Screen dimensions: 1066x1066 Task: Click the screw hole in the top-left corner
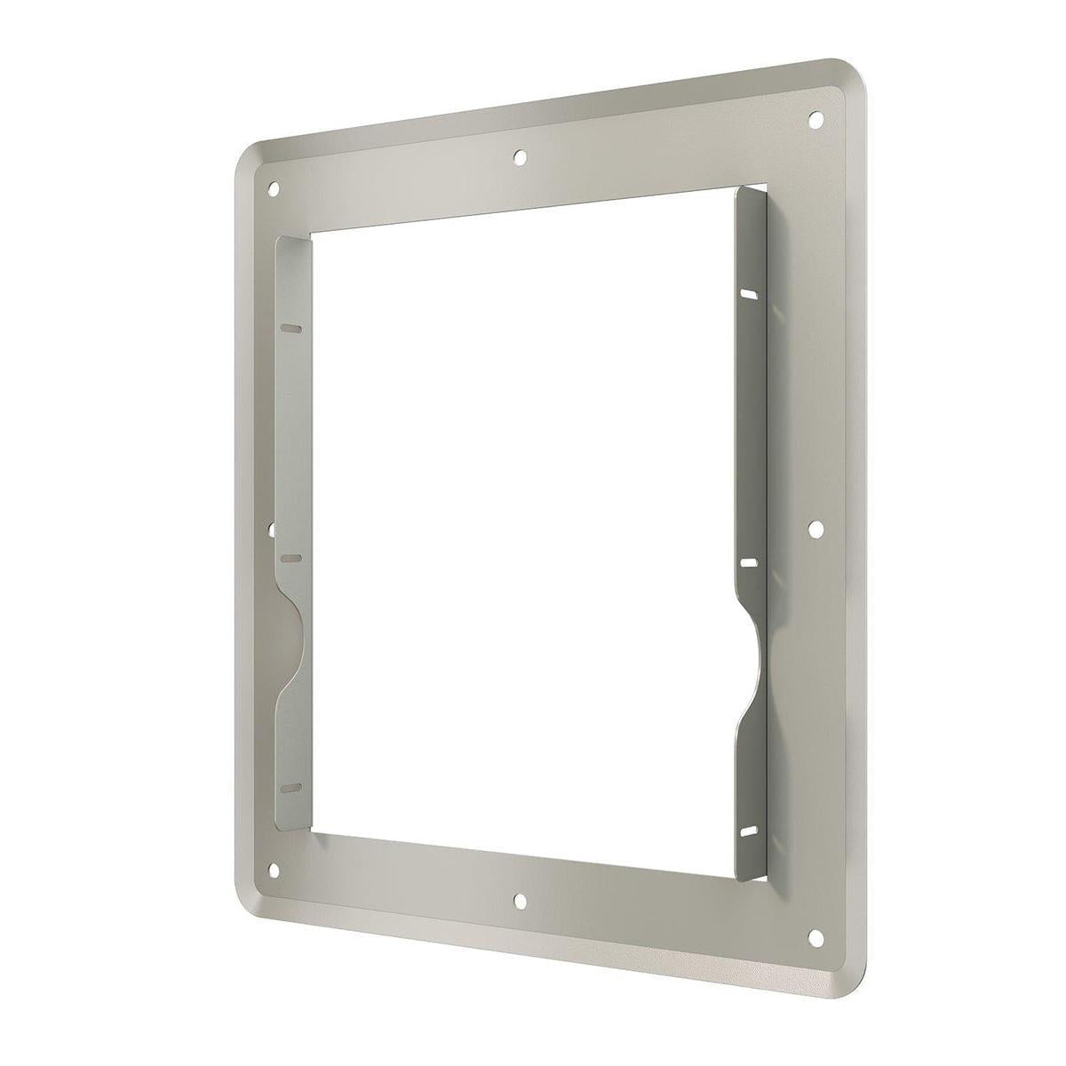pos(274,188)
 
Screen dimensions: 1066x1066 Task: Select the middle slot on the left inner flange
pos(291,560)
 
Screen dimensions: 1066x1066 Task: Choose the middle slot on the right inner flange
pos(749,563)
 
